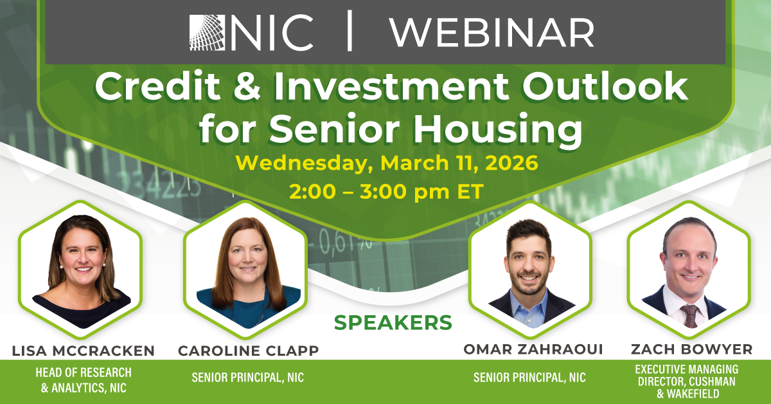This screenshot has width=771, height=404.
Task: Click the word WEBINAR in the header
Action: [x=492, y=32]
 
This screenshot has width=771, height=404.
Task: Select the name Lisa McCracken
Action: [x=84, y=351]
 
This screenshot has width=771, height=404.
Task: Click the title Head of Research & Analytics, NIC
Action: [x=84, y=380]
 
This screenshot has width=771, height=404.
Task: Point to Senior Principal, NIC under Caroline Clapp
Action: [x=248, y=378]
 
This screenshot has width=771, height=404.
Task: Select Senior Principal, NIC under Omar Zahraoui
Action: [x=529, y=378]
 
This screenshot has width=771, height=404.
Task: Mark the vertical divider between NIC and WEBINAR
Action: [x=350, y=32]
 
